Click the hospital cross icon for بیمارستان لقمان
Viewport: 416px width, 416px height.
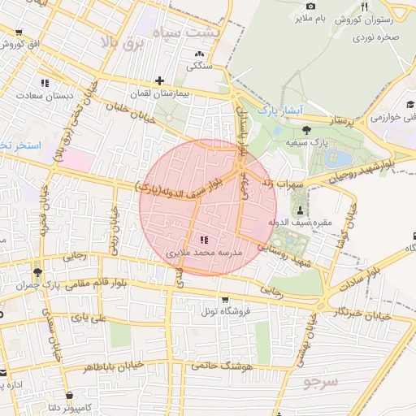click(159, 80)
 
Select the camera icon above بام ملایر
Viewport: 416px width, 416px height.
click(310, 6)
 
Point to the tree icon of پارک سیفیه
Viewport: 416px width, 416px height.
click(305, 129)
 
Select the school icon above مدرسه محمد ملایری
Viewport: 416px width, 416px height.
click(203, 240)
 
